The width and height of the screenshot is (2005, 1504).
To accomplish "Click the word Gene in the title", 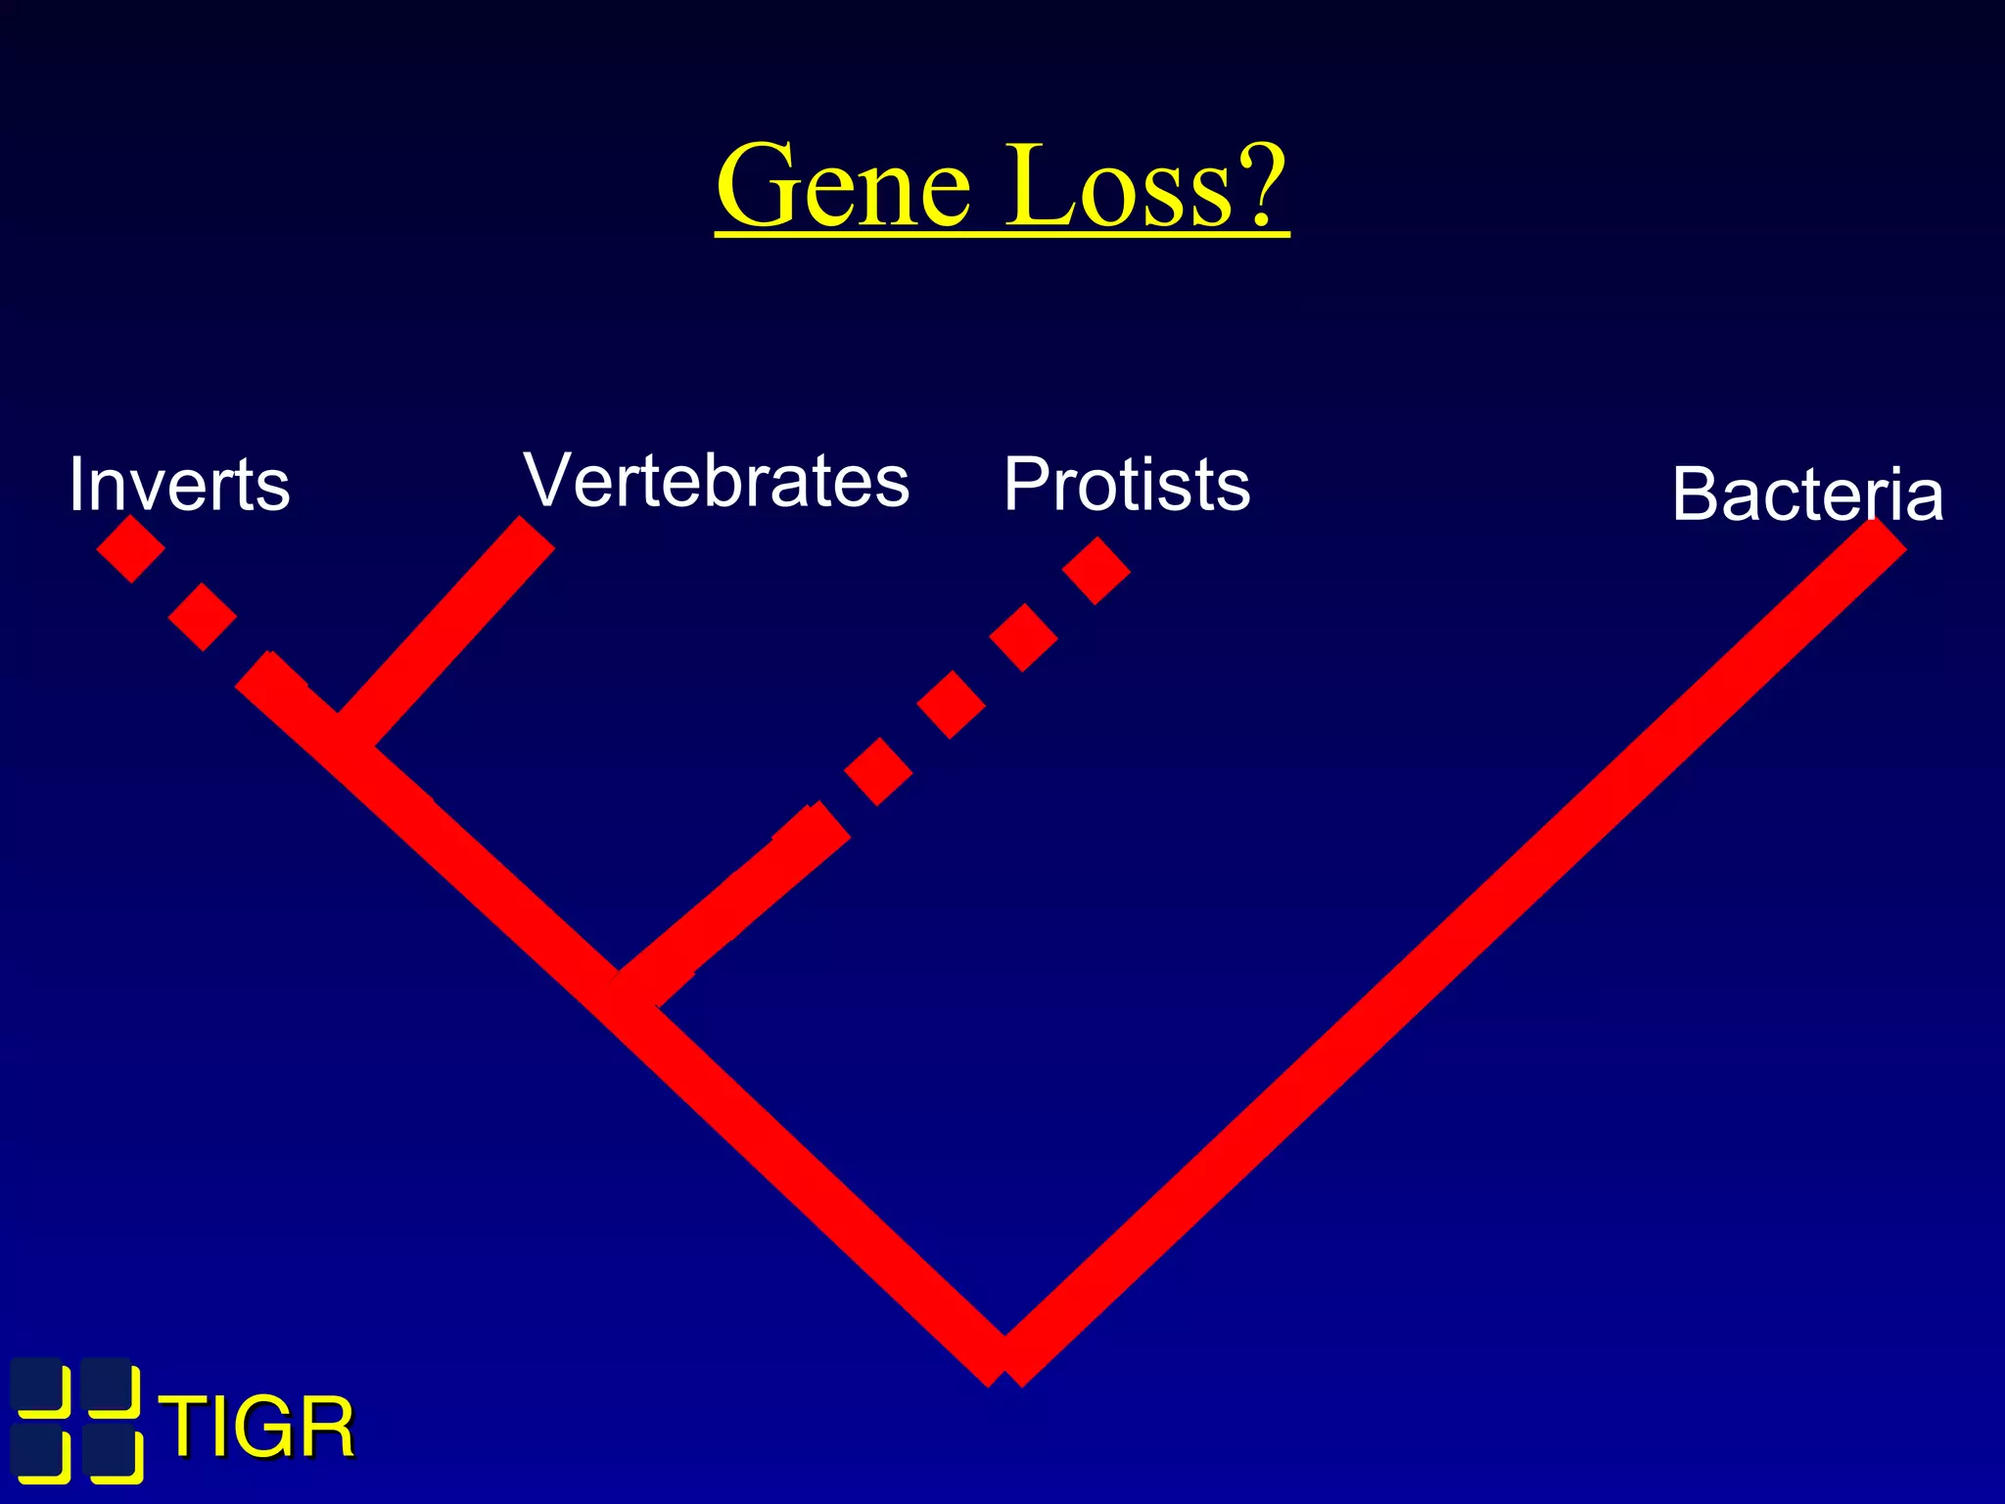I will pos(844,186).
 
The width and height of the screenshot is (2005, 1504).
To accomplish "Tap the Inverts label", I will pos(179,485).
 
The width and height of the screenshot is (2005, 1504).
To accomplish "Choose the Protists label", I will pos(1127,484).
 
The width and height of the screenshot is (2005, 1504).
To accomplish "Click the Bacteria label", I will pos(1807,493).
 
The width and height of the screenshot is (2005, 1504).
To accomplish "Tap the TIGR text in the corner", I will pos(256,1428).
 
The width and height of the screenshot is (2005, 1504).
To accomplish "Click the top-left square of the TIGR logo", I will pos(41,1386).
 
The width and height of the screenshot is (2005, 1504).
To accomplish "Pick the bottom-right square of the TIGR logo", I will pos(112,1456).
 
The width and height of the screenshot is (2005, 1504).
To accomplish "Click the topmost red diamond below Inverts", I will pos(130,548).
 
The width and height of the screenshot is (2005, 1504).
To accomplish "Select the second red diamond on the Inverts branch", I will pos(203,617).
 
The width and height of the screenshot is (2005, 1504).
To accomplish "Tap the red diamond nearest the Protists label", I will pos(1096,570).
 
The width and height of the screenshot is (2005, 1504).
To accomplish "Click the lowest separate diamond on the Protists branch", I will pos(878,772).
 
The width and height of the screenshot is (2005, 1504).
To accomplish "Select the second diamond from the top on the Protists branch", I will pos(1023,637).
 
